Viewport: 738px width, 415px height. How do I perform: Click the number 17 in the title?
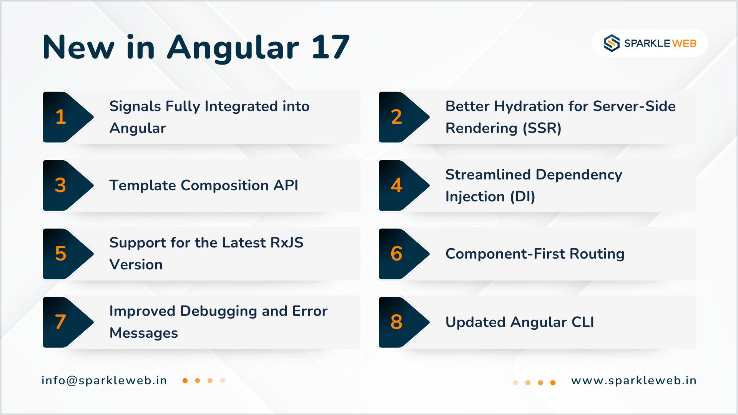coord(331,47)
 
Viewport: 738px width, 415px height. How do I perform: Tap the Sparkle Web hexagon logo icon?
coord(612,43)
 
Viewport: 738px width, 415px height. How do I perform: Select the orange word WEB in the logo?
coord(685,43)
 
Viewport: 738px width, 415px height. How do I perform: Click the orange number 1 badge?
coord(61,117)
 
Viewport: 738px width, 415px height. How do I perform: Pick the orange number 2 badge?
coord(396,117)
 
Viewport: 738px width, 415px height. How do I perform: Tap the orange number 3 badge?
coord(60,185)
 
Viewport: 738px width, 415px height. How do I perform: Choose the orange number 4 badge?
coord(396,185)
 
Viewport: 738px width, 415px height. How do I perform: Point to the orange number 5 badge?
coord(61,254)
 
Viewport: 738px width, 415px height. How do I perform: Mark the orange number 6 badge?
coord(396,254)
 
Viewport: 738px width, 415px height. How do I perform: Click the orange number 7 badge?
coord(60,322)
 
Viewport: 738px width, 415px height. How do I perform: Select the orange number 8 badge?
coord(396,322)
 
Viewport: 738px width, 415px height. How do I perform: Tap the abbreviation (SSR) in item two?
coord(542,128)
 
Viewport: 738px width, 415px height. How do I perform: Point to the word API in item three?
coord(286,185)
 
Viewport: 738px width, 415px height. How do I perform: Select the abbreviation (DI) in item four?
coord(522,197)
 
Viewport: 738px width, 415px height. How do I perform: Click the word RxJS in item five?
coord(287,243)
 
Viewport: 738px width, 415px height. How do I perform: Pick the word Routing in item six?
coord(597,254)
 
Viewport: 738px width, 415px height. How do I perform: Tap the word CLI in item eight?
coord(583,322)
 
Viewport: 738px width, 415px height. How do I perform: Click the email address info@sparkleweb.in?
coord(104,380)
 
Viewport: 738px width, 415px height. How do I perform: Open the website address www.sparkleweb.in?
coord(634,380)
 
